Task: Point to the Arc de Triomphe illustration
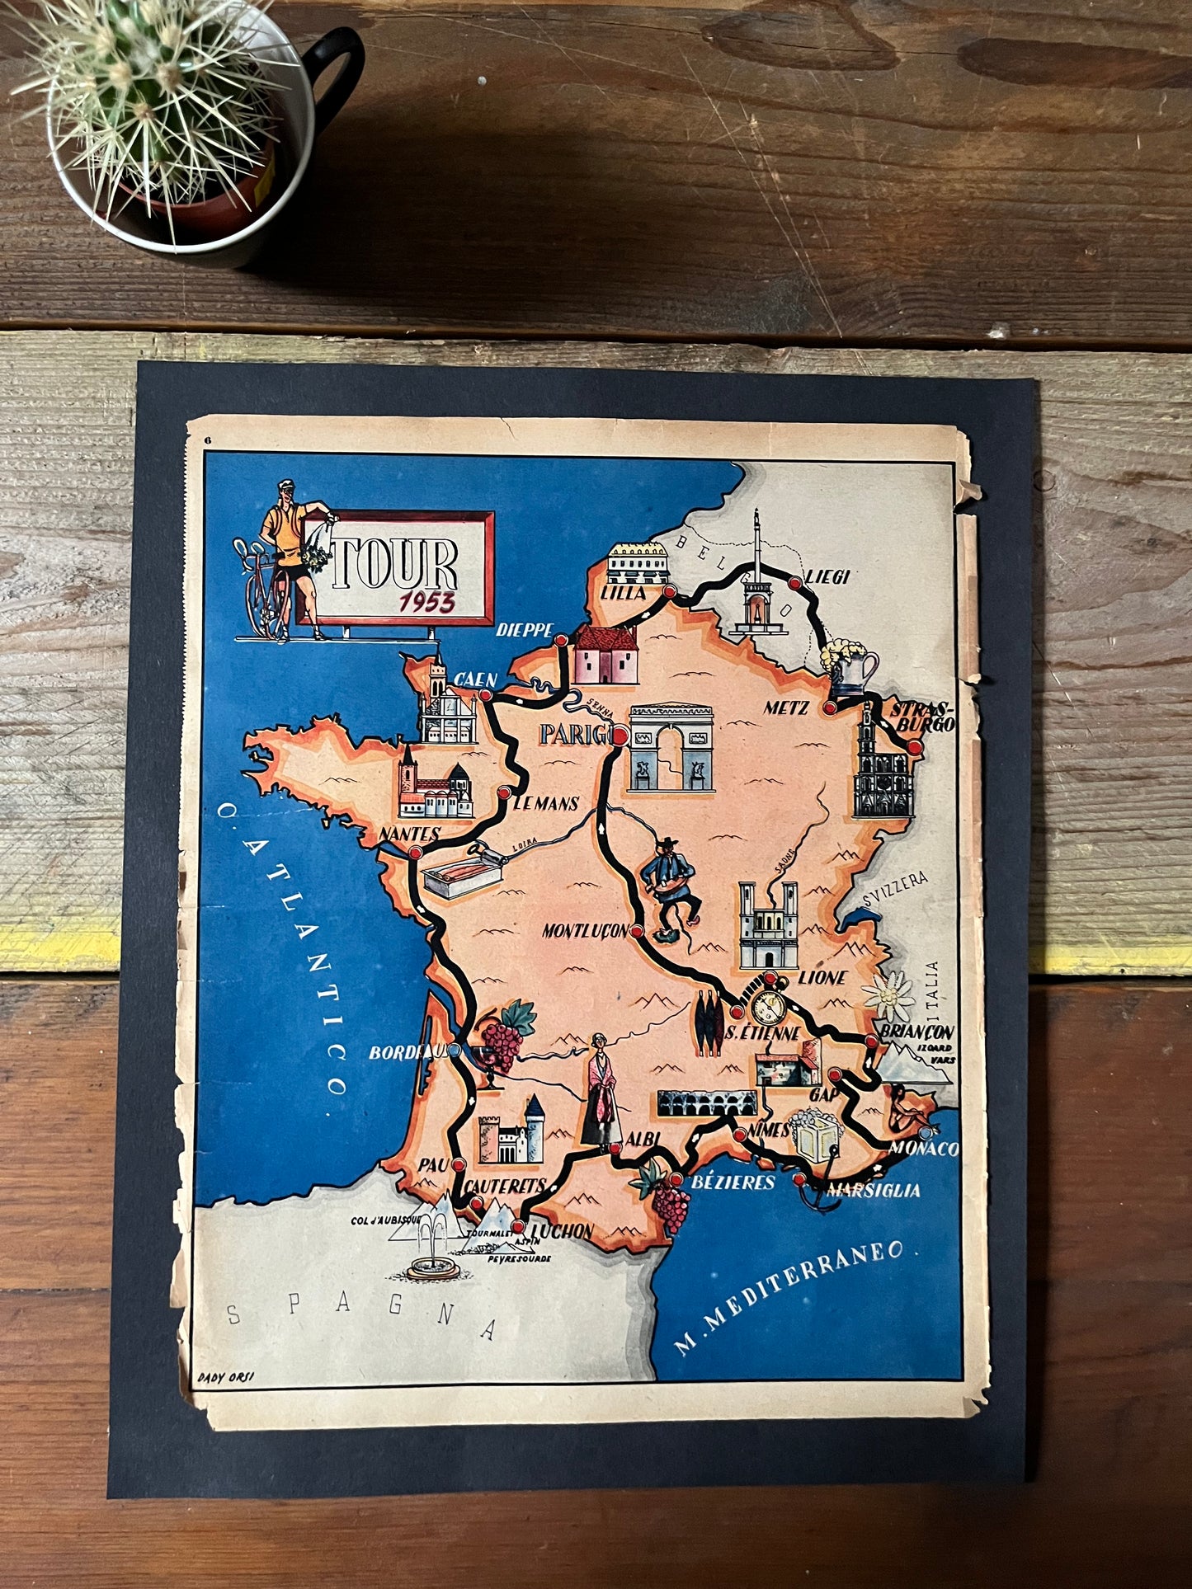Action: click(x=670, y=747)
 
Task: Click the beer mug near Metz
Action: click(x=849, y=668)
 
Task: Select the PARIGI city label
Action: click(x=575, y=733)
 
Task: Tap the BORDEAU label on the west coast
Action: click(x=406, y=1052)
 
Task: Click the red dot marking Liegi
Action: click(x=794, y=583)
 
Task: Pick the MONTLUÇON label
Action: click(x=585, y=931)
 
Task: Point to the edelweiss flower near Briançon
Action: click(x=887, y=995)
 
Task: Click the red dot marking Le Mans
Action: click(x=503, y=792)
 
